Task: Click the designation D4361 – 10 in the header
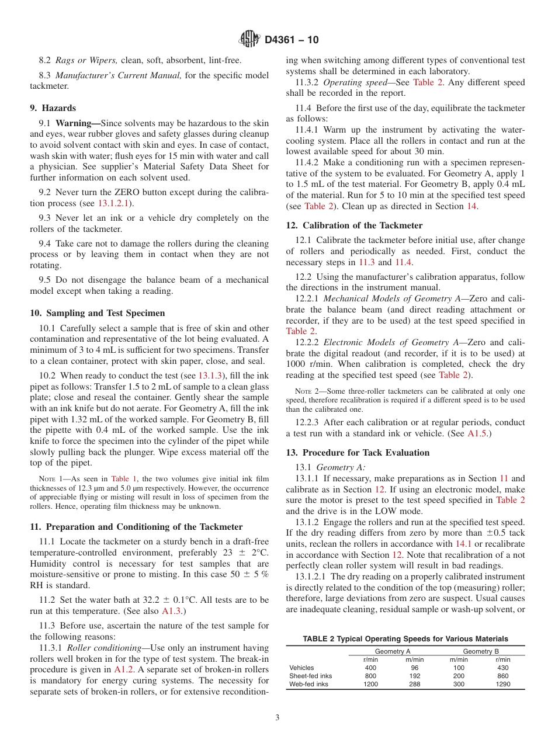[292, 40]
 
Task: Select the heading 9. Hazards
[53, 108]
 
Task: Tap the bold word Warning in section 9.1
[76, 123]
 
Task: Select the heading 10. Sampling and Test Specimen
[97, 313]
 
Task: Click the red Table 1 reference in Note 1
[124, 478]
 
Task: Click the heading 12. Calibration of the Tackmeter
[354, 225]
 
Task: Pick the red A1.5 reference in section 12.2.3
[478, 433]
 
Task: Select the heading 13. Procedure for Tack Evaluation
[358, 453]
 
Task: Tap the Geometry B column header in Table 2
[481, 651]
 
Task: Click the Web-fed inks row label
[308, 684]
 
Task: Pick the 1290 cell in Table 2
[502, 684]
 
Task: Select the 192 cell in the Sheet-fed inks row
[414, 676]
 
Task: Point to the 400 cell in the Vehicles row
[370, 668]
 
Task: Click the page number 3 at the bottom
[277, 718]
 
